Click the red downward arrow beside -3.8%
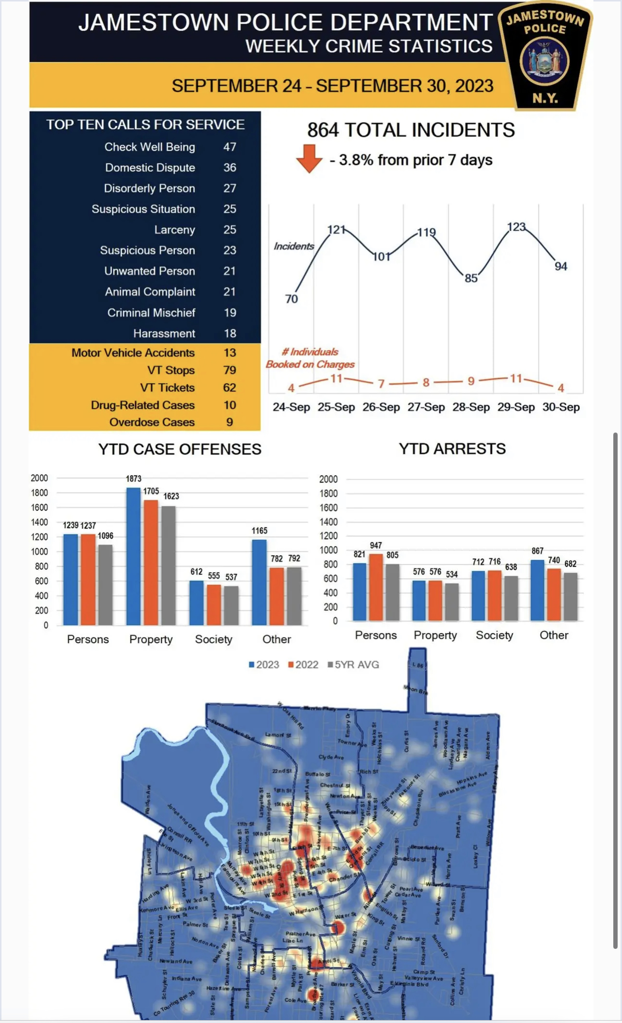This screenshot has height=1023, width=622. pos(309,158)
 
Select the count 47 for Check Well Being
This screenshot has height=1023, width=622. pos(230,147)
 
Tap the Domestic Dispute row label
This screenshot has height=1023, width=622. pos(150,168)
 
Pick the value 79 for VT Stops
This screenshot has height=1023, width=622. pos(230,370)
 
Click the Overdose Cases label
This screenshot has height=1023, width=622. pos(152,422)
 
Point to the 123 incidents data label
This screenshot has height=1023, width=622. pos(516,227)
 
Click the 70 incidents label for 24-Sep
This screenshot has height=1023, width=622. pos(291,299)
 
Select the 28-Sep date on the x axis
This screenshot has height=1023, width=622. pos(471,407)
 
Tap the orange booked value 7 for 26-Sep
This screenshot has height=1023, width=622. pos(381,384)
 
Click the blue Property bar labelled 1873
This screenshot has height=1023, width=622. pos(133,557)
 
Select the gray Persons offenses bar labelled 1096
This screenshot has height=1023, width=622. pos(105,585)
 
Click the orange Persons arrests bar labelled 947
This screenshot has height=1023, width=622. pos(376,587)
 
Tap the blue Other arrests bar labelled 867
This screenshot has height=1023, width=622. pos(537,590)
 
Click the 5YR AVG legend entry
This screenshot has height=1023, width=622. pos(354,665)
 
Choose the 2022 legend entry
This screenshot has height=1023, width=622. pos(303,665)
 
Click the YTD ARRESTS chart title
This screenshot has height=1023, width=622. pos(452,449)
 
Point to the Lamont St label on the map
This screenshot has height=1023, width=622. pos(278,735)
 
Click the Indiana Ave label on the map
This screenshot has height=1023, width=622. pos(187,978)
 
